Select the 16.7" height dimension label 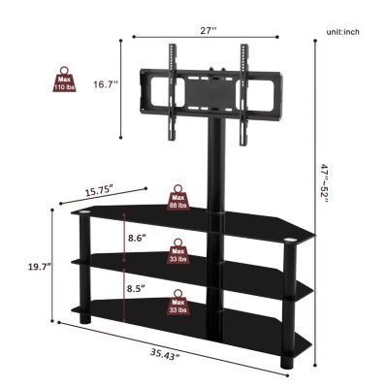[x=106, y=84]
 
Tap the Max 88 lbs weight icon [x=179, y=197]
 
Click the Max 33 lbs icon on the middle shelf [x=179, y=252]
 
